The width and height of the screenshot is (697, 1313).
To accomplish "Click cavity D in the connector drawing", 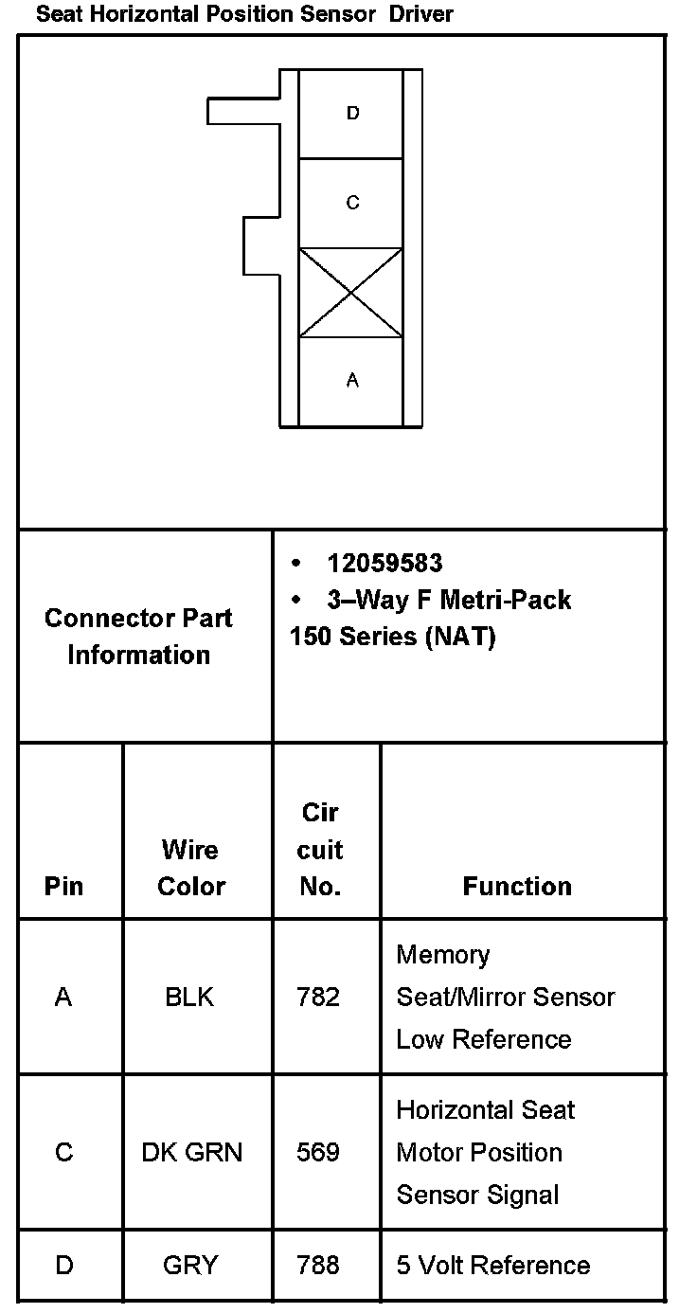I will (351, 114).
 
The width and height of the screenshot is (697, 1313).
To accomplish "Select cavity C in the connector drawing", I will (351, 203).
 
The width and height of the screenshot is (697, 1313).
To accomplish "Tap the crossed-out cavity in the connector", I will (351, 293).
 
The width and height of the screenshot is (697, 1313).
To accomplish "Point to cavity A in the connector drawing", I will (351, 381).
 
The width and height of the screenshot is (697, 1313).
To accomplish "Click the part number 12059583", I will (384, 564).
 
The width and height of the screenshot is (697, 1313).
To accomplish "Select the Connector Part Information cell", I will (139, 636).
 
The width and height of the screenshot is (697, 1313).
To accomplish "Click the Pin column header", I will (63, 887).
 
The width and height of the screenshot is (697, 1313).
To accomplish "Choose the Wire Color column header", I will (191, 868).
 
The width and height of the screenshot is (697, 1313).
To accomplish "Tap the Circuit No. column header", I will (320, 850).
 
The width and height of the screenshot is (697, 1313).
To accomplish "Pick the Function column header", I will (517, 887).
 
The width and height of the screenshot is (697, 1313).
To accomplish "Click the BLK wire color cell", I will (189, 998).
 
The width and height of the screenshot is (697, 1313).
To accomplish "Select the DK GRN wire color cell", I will (191, 1153).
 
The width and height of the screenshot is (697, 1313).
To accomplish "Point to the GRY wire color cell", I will (190, 1266).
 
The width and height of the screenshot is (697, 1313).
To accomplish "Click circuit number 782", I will (318, 998).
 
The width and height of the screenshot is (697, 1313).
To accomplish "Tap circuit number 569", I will (318, 1153).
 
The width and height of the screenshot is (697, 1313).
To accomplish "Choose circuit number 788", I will (318, 1266).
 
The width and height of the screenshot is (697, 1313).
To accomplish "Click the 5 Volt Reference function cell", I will (492, 1266).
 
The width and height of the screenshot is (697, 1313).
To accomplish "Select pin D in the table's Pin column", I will (63, 1266).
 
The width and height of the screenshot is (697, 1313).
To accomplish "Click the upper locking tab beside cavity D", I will (243, 111).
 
